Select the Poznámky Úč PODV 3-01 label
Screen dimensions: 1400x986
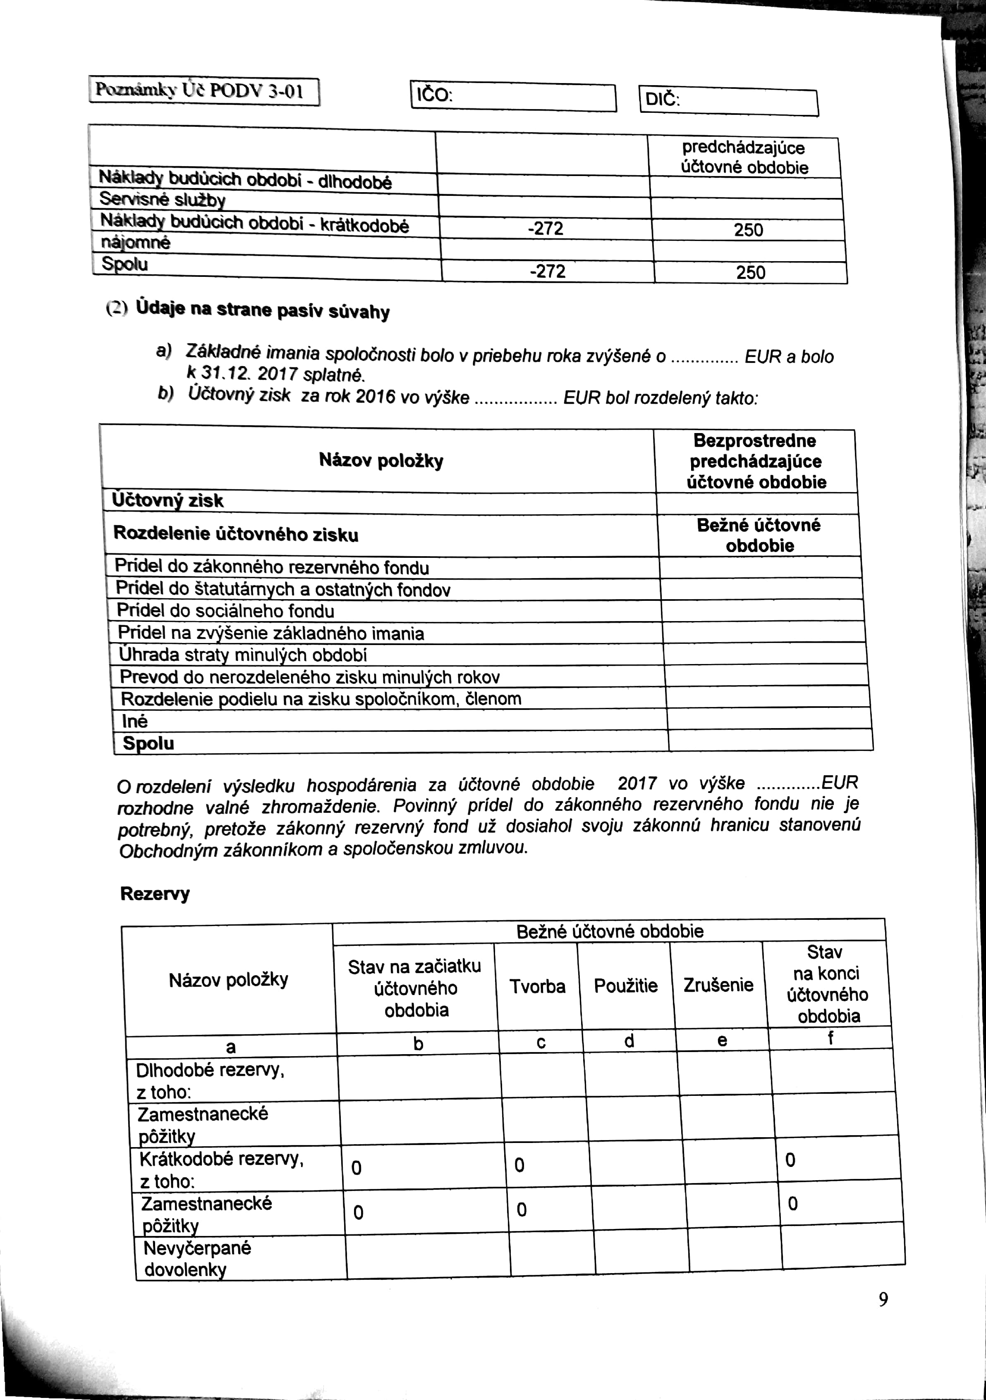click(x=204, y=91)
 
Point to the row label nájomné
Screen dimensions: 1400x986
click(x=136, y=243)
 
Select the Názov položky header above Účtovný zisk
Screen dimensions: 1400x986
click(x=381, y=460)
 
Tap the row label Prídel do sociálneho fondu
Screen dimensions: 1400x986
click(x=225, y=611)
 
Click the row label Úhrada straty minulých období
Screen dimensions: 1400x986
click(x=242, y=655)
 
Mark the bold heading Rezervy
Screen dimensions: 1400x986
click(x=155, y=894)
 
